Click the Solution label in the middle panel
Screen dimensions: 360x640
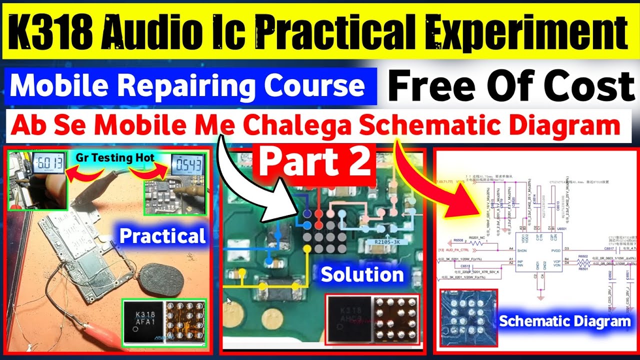coord(362,274)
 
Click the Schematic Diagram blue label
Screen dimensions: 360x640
coord(565,321)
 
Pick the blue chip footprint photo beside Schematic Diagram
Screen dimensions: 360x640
coord(467,319)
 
